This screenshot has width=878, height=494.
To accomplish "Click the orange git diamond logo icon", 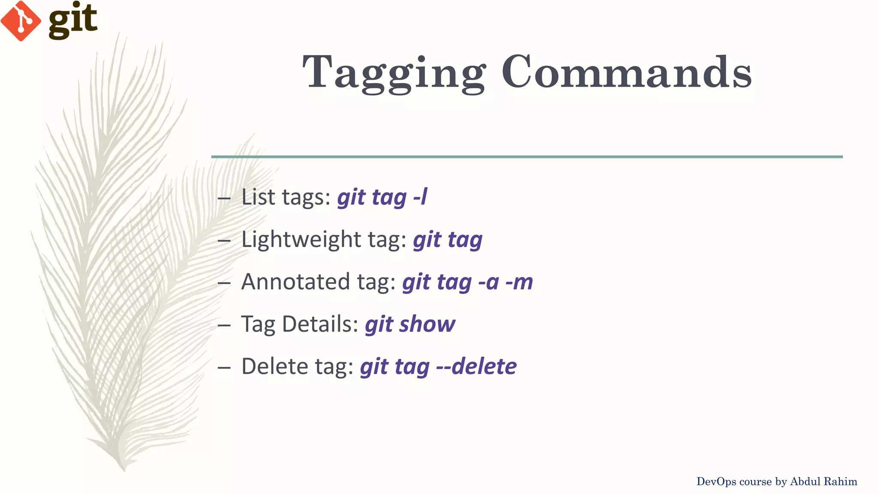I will (x=21, y=21).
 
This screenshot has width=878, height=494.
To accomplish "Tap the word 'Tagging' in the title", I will (x=394, y=73).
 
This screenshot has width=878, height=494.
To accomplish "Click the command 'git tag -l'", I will (x=382, y=198).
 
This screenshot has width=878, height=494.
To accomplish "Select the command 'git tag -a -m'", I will (x=467, y=282).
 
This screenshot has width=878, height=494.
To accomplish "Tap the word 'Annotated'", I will (x=295, y=282).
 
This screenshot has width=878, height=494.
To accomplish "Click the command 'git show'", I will (x=410, y=324).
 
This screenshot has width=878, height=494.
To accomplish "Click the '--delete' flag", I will (x=476, y=367).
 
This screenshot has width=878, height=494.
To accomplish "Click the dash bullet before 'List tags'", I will (x=224, y=199).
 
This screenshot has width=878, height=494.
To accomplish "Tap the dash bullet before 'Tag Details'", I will (x=224, y=325).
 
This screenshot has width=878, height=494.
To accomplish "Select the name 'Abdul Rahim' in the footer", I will (x=824, y=482).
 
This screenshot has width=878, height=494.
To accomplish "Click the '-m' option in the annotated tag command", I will (x=519, y=282).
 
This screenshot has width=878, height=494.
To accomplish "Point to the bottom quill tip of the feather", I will (x=123, y=468).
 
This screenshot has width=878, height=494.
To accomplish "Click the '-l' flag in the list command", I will (x=420, y=198).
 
